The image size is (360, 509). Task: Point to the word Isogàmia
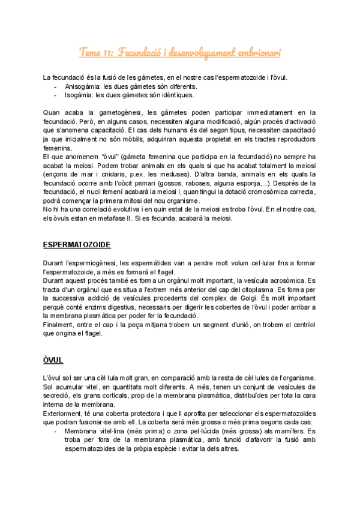(x=78, y=95)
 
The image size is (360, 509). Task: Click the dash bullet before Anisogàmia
(x=56, y=86)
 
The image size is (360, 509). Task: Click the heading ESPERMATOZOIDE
(x=76, y=245)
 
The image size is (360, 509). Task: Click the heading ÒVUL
(x=53, y=360)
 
